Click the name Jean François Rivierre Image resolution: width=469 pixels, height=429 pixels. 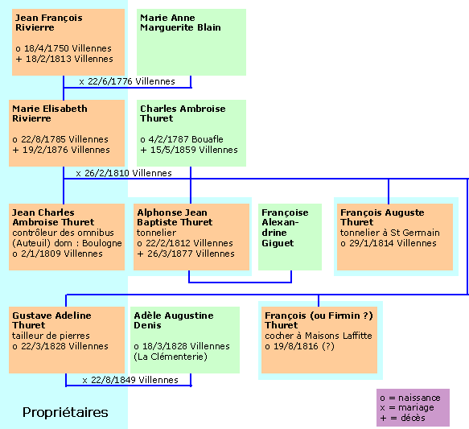click(x=49, y=23)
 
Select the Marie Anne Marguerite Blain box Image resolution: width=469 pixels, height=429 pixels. click(x=191, y=42)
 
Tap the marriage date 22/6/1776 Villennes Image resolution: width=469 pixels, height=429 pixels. click(x=127, y=81)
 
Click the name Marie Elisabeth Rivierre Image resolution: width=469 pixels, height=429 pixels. click(x=50, y=113)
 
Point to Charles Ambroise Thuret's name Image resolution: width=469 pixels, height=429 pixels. click(x=183, y=113)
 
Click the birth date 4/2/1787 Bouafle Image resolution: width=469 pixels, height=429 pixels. click(x=182, y=139)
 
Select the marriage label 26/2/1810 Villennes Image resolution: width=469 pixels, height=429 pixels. click(x=124, y=173)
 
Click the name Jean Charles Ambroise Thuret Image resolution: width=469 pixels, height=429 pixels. click(x=53, y=217)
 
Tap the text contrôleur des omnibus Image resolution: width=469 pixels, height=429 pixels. click(x=63, y=233)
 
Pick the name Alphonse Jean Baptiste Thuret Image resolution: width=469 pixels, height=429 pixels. click(x=175, y=217)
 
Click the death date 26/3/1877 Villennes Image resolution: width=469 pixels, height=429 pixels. click(x=186, y=254)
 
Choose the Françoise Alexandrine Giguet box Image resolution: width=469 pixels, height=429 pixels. click(x=290, y=237)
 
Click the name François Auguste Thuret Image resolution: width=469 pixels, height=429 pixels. click(x=382, y=217)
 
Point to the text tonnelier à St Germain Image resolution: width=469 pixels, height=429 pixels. click(x=390, y=233)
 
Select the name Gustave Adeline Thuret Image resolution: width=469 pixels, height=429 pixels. click(x=51, y=320)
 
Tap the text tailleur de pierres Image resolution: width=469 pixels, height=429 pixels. click(x=51, y=336)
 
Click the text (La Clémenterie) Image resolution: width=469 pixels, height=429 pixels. click(x=171, y=357)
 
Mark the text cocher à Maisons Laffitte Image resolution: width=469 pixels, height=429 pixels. click(x=319, y=336)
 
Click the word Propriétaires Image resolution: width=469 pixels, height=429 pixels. click(x=65, y=412)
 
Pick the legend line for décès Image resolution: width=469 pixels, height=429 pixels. click(x=402, y=418)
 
